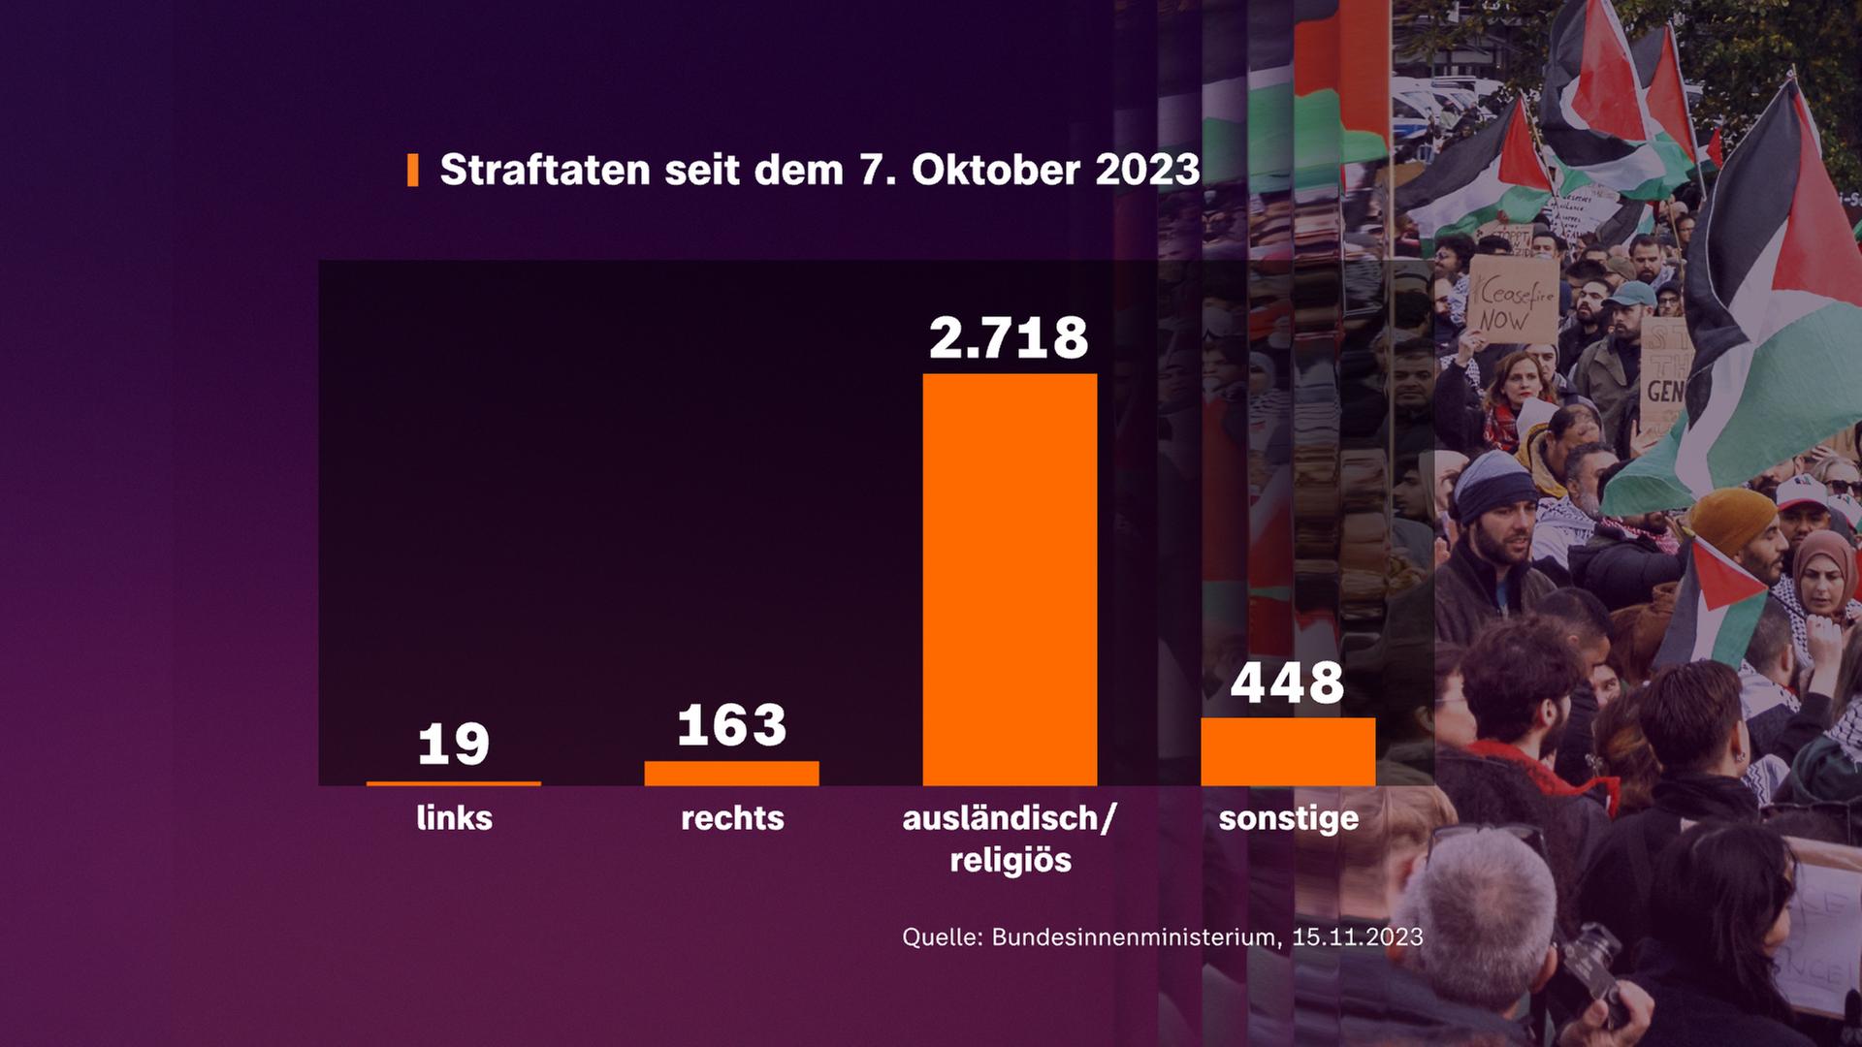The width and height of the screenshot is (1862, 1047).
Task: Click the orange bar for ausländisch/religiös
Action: pyautogui.click(x=1010, y=579)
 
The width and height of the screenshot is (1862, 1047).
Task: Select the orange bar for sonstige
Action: pyautogui.click(x=1287, y=751)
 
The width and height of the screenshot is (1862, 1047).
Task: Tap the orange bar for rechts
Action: pyautogui.click(x=731, y=773)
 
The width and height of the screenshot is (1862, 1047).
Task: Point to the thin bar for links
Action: pyautogui.click(x=454, y=782)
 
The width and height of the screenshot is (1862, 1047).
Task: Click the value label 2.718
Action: pyautogui.click(x=1009, y=338)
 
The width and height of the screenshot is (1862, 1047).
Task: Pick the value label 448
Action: pyautogui.click(x=1287, y=682)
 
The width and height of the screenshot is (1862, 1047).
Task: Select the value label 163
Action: pyautogui.click(x=731, y=726)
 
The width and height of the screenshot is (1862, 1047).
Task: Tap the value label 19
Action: pyautogui.click(x=454, y=745)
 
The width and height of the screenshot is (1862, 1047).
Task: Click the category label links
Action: pyautogui.click(x=454, y=818)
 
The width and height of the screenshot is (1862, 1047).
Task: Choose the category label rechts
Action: pyautogui.click(x=732, y=818)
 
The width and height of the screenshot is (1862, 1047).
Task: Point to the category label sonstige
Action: pyautogui.click(x=1288, y=818)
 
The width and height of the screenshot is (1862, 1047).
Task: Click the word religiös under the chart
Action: pyautogui.click(x=1011, y=860)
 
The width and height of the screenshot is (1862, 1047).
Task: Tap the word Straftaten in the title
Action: pyautogui.click(x=545, y=170)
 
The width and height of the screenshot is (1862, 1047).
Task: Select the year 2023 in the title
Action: pyautogui.click(x=1147, y=170)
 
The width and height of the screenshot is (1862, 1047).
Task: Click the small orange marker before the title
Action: pyautogui.click(x=413, y=170)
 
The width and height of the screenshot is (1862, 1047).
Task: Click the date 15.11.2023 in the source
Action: pyautogui.click(x=1358, y=936)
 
